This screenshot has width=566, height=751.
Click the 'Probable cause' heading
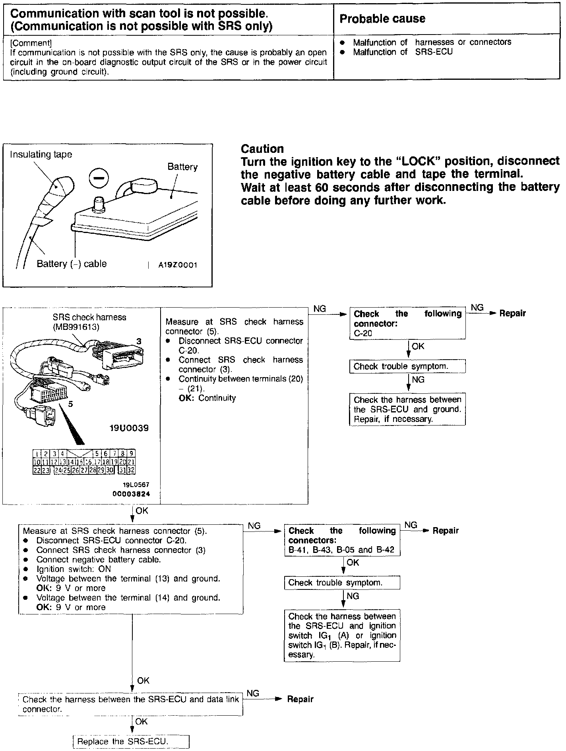pos(382,19)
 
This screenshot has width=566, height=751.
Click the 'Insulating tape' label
pos(41,154)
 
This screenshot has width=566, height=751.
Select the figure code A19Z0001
pos(178,265)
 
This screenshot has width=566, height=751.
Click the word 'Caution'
pos(262,149)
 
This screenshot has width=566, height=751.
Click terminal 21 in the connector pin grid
pos(131,462)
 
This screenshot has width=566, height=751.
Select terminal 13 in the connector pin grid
pos(62,462)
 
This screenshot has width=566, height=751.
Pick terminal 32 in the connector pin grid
pos(131,470)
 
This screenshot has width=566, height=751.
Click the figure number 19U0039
pos(129,428)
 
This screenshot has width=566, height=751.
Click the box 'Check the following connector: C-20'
pos(407,323)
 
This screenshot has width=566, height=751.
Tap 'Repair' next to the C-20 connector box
pos(512,314)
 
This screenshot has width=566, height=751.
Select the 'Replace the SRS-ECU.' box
pos(131,741)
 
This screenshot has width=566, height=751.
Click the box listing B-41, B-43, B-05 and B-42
pos(342,540)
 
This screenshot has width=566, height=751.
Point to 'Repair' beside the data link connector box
pos(300,699)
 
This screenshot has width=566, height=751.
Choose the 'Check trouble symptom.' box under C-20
pos(407,366)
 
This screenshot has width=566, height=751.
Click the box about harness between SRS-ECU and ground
pos(407,409)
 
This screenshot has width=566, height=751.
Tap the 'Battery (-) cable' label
pos(72,264)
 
